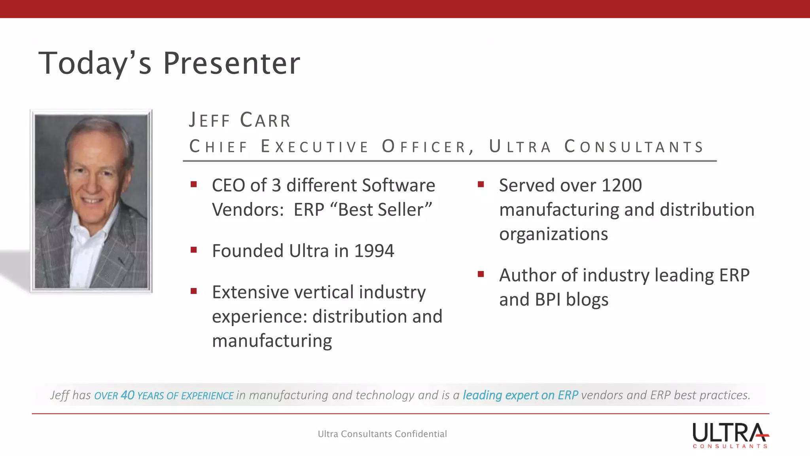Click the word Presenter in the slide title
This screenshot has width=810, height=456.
tap(231, 63)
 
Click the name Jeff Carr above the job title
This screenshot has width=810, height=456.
tap(240, 120)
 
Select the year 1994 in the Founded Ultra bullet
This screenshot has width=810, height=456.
tap(374, 251)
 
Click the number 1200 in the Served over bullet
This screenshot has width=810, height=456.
tap(621, 185)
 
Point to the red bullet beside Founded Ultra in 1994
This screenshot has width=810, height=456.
tap(193, 250)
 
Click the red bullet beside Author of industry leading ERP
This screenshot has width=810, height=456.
tap(481, 274)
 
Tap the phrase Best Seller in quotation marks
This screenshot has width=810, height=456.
tap(380, 210)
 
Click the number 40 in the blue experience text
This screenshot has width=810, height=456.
tap(127, 395)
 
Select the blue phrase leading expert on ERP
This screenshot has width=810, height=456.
tap(520, 395)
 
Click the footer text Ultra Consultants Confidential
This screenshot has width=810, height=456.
tap(382, 434)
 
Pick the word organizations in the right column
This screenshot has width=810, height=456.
tap(553, 234)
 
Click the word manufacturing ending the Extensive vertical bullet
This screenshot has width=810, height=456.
tap(272, 341)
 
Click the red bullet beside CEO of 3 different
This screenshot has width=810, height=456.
tap(193, 184)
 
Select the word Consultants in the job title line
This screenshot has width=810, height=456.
tap(634, 147)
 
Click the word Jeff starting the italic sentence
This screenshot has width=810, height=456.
tap(60, 395)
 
